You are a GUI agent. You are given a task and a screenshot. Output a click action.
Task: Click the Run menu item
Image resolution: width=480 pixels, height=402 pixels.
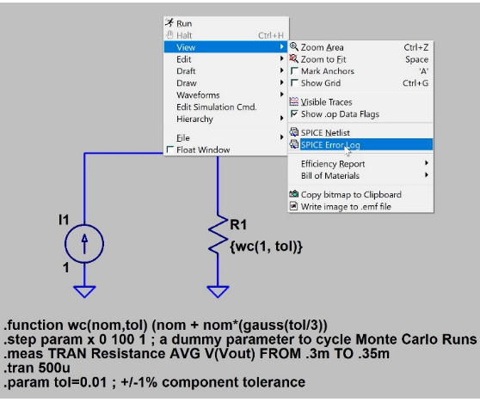[184, 23]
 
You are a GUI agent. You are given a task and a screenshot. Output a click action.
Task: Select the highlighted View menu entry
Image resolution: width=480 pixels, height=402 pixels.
[186, 47]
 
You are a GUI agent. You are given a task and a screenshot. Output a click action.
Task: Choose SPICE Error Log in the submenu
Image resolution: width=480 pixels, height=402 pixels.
[330, 144]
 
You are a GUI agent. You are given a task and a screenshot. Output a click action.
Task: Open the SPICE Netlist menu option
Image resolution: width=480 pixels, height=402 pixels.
[325, 132]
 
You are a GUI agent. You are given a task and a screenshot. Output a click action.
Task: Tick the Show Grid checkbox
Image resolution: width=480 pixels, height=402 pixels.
[294, 82]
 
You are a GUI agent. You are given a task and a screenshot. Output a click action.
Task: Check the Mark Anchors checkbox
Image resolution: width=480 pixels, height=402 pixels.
[294, 71]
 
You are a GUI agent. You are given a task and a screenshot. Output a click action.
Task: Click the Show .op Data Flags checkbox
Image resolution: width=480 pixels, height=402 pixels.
[294, 113]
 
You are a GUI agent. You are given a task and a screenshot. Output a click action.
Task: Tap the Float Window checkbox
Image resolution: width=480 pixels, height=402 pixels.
[170, 149]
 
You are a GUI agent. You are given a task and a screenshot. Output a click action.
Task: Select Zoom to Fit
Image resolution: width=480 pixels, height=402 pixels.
[323, 59]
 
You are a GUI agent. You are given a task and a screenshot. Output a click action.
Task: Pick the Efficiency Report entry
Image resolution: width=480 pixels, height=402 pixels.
[333, 164]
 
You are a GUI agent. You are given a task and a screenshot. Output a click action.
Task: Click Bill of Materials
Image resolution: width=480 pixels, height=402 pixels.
[330, 176]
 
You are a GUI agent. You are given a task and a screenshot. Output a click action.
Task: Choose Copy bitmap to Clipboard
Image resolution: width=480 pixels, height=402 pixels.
[351, 194]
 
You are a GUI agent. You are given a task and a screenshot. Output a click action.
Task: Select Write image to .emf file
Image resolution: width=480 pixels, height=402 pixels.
[346, 206]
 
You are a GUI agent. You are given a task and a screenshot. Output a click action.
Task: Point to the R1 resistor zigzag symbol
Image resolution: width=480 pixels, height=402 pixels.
[218, 235]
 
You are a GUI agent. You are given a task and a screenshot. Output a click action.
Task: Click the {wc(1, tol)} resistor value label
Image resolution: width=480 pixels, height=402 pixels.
[266, 246]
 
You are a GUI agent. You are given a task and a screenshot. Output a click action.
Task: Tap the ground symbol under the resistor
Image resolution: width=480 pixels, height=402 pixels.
[218, 291]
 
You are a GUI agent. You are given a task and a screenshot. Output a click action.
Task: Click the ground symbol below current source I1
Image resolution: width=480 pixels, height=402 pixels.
[84, 291]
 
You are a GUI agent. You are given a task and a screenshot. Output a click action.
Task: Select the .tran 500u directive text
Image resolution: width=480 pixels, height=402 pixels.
[37, 368]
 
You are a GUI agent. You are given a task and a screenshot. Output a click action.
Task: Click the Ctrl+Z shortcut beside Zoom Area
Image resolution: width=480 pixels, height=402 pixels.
[415, 47]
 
